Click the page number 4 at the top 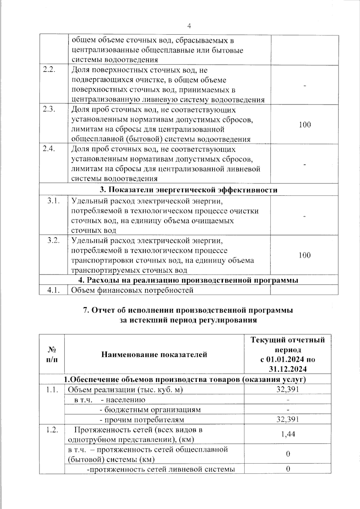click(x=189, y=26)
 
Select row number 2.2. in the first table click(x=49, y=70)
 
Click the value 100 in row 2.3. click(x=305, y=124)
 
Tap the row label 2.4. click(x=49, y=149)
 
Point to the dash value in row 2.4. click(x=305, y=164)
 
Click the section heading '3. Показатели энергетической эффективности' click(x=188, y=190)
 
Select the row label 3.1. click(x=53, y=201)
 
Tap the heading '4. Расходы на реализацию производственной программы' click(x=188, y=280)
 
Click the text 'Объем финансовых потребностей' click(x=132, y=290)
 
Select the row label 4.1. click(x=53, y=290)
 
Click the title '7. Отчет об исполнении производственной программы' click(x=188, y=310)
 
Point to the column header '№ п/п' click(x=52, y=354)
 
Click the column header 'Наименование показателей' click(x=154, y=355)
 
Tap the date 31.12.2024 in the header click(x=288, y=369)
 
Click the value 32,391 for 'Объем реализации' click(x=287, y=389)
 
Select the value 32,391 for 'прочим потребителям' click(x=287, y=419)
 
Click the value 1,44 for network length click(x=288, y=434)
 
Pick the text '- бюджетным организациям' click(x=150, y=409)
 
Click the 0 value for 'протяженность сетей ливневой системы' click(x=288, y=469)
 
